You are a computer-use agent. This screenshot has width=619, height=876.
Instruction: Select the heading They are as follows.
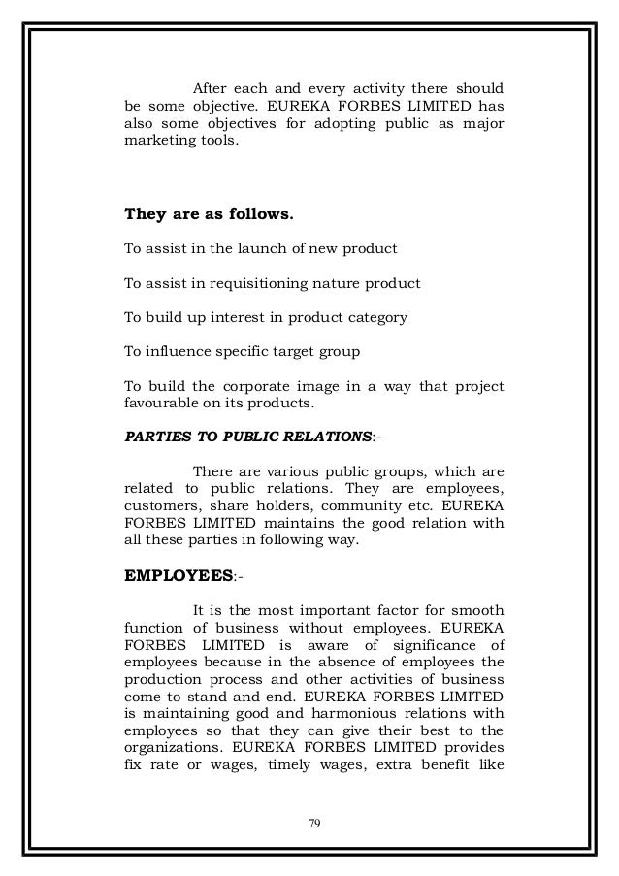196,214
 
